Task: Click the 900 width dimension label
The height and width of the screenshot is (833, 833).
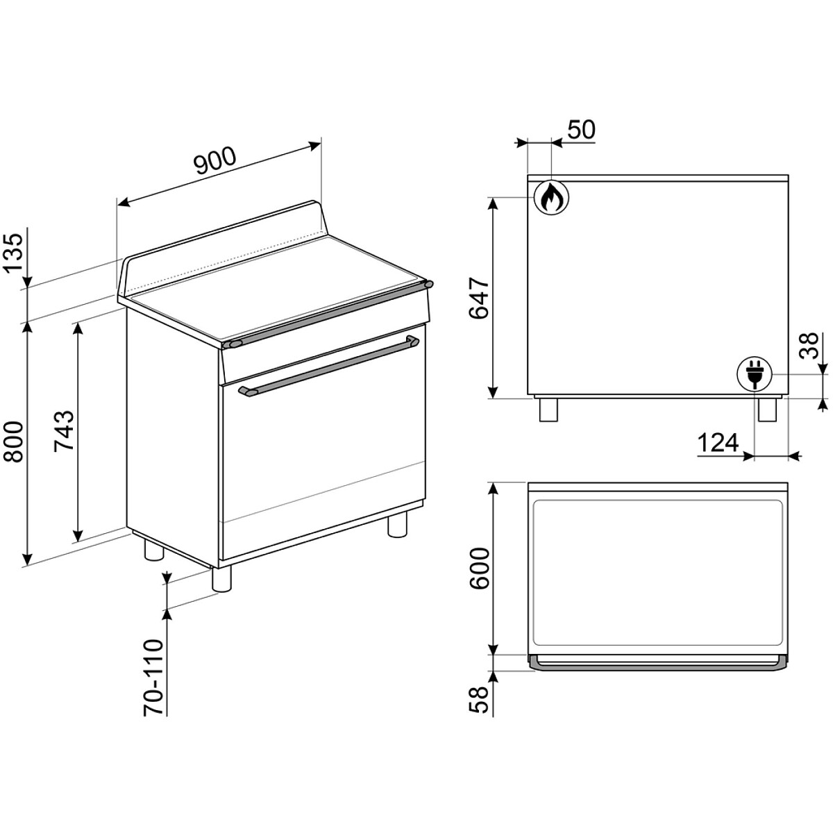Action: [x=214, y=161]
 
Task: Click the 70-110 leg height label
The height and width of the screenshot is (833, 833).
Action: [x=153, y=687]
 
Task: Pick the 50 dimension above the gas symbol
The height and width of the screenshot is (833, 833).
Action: [x=580, y=129]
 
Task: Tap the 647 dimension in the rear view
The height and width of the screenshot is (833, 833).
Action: [x=480, y=298]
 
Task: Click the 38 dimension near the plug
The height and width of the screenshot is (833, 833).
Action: [x=809, y=345]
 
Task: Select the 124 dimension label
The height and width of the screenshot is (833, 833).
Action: [x=718, y=443]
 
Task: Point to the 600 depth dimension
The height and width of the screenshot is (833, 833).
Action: [x=480, y=569]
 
